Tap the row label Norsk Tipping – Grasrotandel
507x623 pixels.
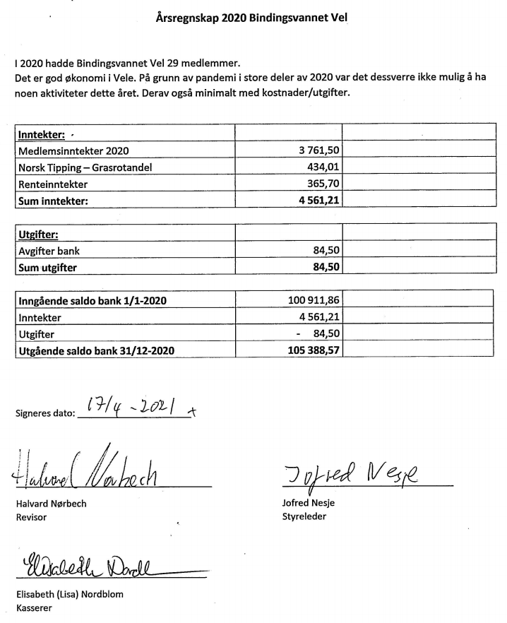(x=86, y=167)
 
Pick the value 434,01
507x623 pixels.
(x=318, y=167)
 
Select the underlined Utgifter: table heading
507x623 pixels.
(x=38, y=234)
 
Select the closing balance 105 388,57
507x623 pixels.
(x=307, y=350)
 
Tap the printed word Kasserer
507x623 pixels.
(x=34, y=607)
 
